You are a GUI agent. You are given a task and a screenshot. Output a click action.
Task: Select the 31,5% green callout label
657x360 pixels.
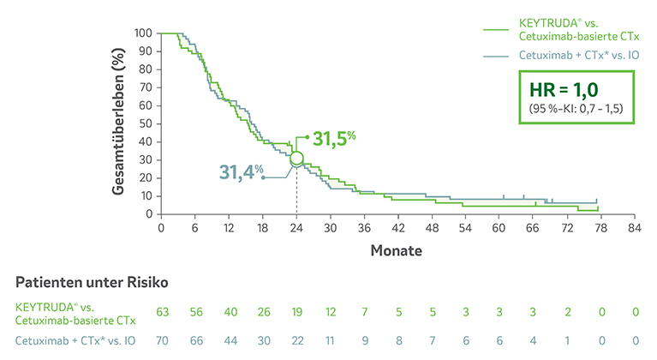(334, 137)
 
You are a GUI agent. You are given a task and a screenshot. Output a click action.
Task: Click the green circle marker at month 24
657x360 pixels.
(296, 159)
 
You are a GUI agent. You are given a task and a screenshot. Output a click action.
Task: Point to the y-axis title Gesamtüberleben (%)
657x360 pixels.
(120, 123)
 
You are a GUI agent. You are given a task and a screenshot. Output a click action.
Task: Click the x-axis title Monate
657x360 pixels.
(397, 252)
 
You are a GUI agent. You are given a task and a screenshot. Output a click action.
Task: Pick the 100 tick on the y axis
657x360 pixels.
(143, 33)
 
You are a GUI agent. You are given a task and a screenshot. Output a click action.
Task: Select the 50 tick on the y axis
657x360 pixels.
(146, 123)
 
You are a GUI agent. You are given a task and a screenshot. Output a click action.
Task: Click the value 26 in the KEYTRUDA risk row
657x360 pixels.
(263, 313)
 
